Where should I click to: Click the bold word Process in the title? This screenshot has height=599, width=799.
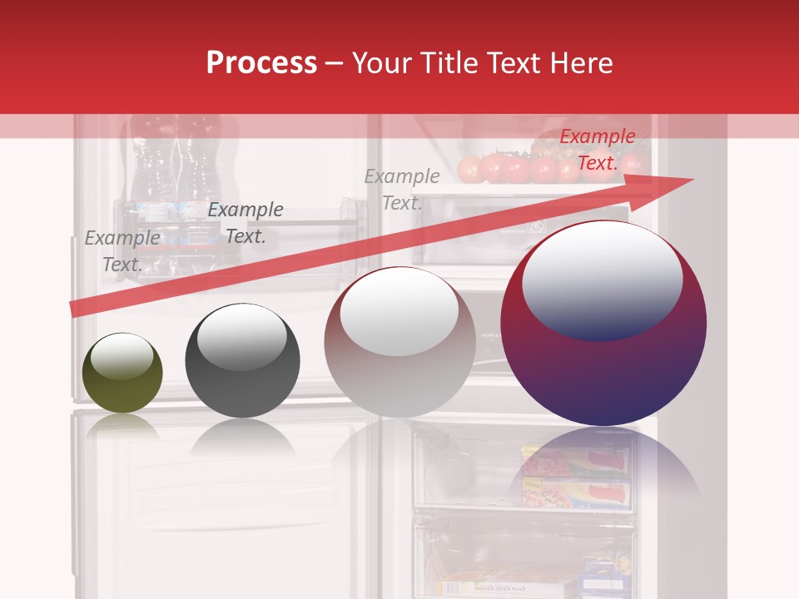261,63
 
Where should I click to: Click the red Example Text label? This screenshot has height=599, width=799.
597,150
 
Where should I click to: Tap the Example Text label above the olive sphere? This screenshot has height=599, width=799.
122,250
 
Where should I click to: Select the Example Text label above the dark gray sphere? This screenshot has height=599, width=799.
246,222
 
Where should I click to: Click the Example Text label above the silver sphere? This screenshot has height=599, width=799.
402,189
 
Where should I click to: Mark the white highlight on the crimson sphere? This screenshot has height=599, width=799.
602,279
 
